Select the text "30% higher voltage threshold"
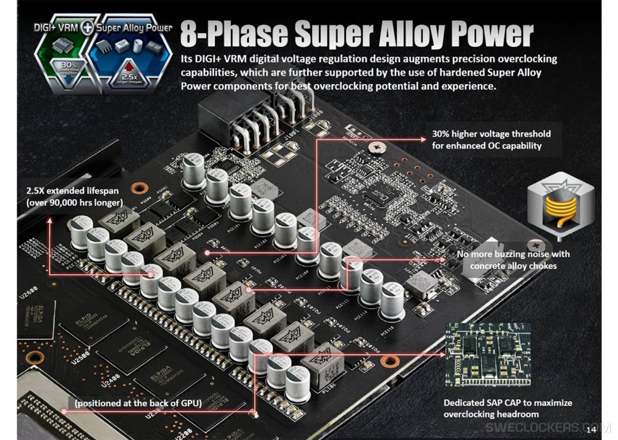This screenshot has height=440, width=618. click(x=491, y=134)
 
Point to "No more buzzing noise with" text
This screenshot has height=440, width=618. click(x=513, y=254)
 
